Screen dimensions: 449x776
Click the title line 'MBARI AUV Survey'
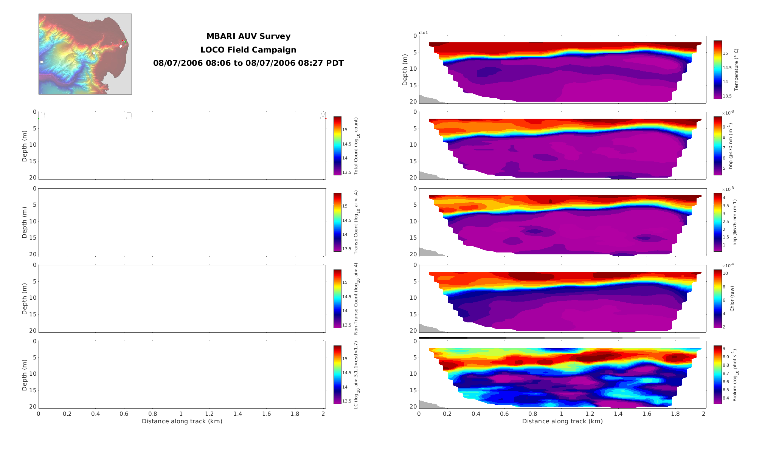248,36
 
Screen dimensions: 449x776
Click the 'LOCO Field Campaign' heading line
248,50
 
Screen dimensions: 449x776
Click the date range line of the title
248,63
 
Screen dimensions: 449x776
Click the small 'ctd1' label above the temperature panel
424,33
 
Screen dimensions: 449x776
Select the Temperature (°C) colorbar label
736,70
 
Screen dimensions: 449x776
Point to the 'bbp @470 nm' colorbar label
731,146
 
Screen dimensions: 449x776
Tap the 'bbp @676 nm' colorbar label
735,222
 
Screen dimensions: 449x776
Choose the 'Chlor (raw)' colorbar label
732,299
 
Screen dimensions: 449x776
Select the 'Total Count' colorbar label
356,146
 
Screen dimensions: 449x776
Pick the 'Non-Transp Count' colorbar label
356,299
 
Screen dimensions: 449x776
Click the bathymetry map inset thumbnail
85,54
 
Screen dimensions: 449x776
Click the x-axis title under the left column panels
182,421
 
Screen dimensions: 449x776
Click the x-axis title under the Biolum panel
562,421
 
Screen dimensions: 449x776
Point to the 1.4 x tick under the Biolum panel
618,414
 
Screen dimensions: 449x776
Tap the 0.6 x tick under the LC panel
124,414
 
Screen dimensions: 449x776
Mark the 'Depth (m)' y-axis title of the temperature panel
405,70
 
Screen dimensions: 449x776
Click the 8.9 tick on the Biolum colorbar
726,357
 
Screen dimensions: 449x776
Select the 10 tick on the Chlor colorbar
725,273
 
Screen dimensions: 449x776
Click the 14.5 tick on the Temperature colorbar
727,68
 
